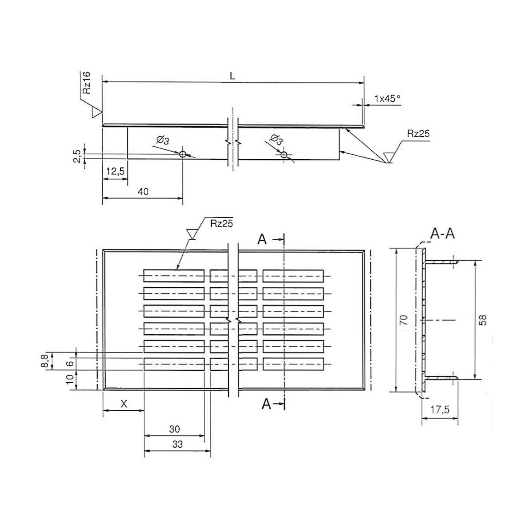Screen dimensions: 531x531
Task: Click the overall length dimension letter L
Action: pos(232,76)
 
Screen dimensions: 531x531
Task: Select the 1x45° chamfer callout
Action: pos(387,98)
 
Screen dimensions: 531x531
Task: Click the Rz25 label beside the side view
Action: pos(418,133)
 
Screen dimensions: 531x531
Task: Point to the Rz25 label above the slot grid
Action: pos(221,223)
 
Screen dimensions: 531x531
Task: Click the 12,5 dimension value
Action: pos(115,171)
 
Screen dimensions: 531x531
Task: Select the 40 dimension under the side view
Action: pos(143,192)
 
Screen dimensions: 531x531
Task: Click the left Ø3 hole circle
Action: pos(183,154)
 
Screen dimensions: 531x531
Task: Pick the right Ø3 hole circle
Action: pos(284,154)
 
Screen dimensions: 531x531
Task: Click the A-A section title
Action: pos(442,234)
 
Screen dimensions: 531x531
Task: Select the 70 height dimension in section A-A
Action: pos(404,320)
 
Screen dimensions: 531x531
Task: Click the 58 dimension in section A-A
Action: pos(483,320)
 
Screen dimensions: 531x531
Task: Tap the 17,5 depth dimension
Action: pos(440,410)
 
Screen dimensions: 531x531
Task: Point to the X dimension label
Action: pos(124,404)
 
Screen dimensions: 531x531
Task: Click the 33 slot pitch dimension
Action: pos(177,444)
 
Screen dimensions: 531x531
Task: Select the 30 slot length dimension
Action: pos(174,429)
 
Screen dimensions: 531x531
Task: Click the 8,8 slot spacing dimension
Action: pos(45,361)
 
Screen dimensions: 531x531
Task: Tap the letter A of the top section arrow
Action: pos(262,240)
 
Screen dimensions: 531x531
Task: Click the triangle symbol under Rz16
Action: pos(97,113)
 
